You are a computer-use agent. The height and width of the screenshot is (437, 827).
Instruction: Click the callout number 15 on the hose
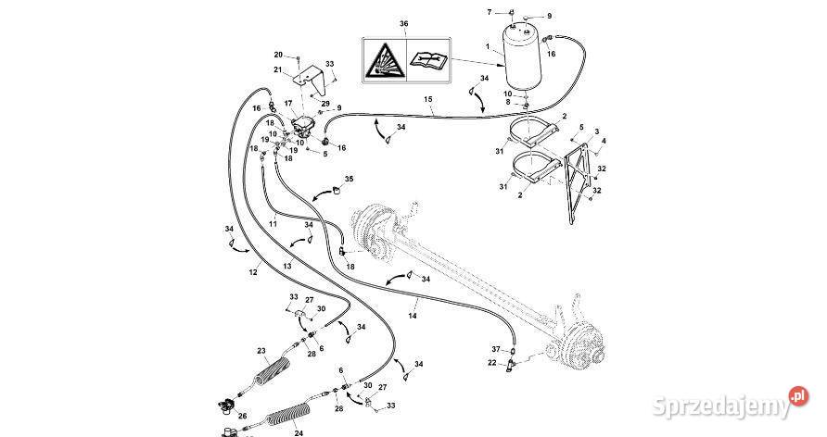coord(428,99)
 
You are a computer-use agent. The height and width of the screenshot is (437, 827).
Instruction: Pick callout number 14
coord(413,317)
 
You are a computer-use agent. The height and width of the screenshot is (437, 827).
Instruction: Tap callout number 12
coord(253,272)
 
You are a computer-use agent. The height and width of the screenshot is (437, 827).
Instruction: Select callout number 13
coord(286,266)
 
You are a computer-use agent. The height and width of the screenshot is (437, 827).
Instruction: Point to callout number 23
coord(261,350)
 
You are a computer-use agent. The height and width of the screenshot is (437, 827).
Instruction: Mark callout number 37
coord(496,348)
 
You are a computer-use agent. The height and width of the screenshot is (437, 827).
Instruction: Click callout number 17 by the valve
coord(287,103)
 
